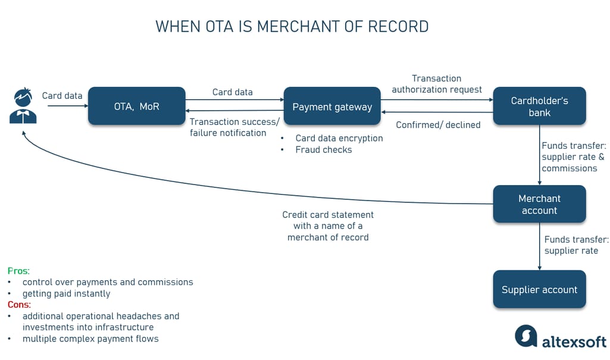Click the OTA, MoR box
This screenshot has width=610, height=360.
[x=136, y=107]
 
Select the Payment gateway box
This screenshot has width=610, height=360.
[x=332, y=107]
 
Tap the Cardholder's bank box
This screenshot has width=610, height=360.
[x=539, y=107]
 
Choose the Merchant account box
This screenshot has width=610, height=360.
[x=539, y=204]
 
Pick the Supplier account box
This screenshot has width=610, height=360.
[x=539, y=290]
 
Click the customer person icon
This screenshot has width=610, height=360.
[x=23, y=106]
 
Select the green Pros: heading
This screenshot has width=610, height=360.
[x=18, y=271]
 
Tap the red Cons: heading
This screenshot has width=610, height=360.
[x=20, y=305]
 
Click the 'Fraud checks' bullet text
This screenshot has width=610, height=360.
[x=324, y=150]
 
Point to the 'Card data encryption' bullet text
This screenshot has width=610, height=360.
[x=339, y=138]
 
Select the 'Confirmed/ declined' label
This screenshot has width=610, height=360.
[x=438, y=125]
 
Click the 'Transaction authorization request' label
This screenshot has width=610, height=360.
[x=437, y=84]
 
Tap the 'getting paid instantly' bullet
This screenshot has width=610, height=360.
[x=66, y=293]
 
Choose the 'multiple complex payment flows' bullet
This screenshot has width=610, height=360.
[x=90, y=339]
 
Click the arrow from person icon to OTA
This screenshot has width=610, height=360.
[x=67, y=107]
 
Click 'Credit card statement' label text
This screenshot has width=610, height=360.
[x=328, y=215]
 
